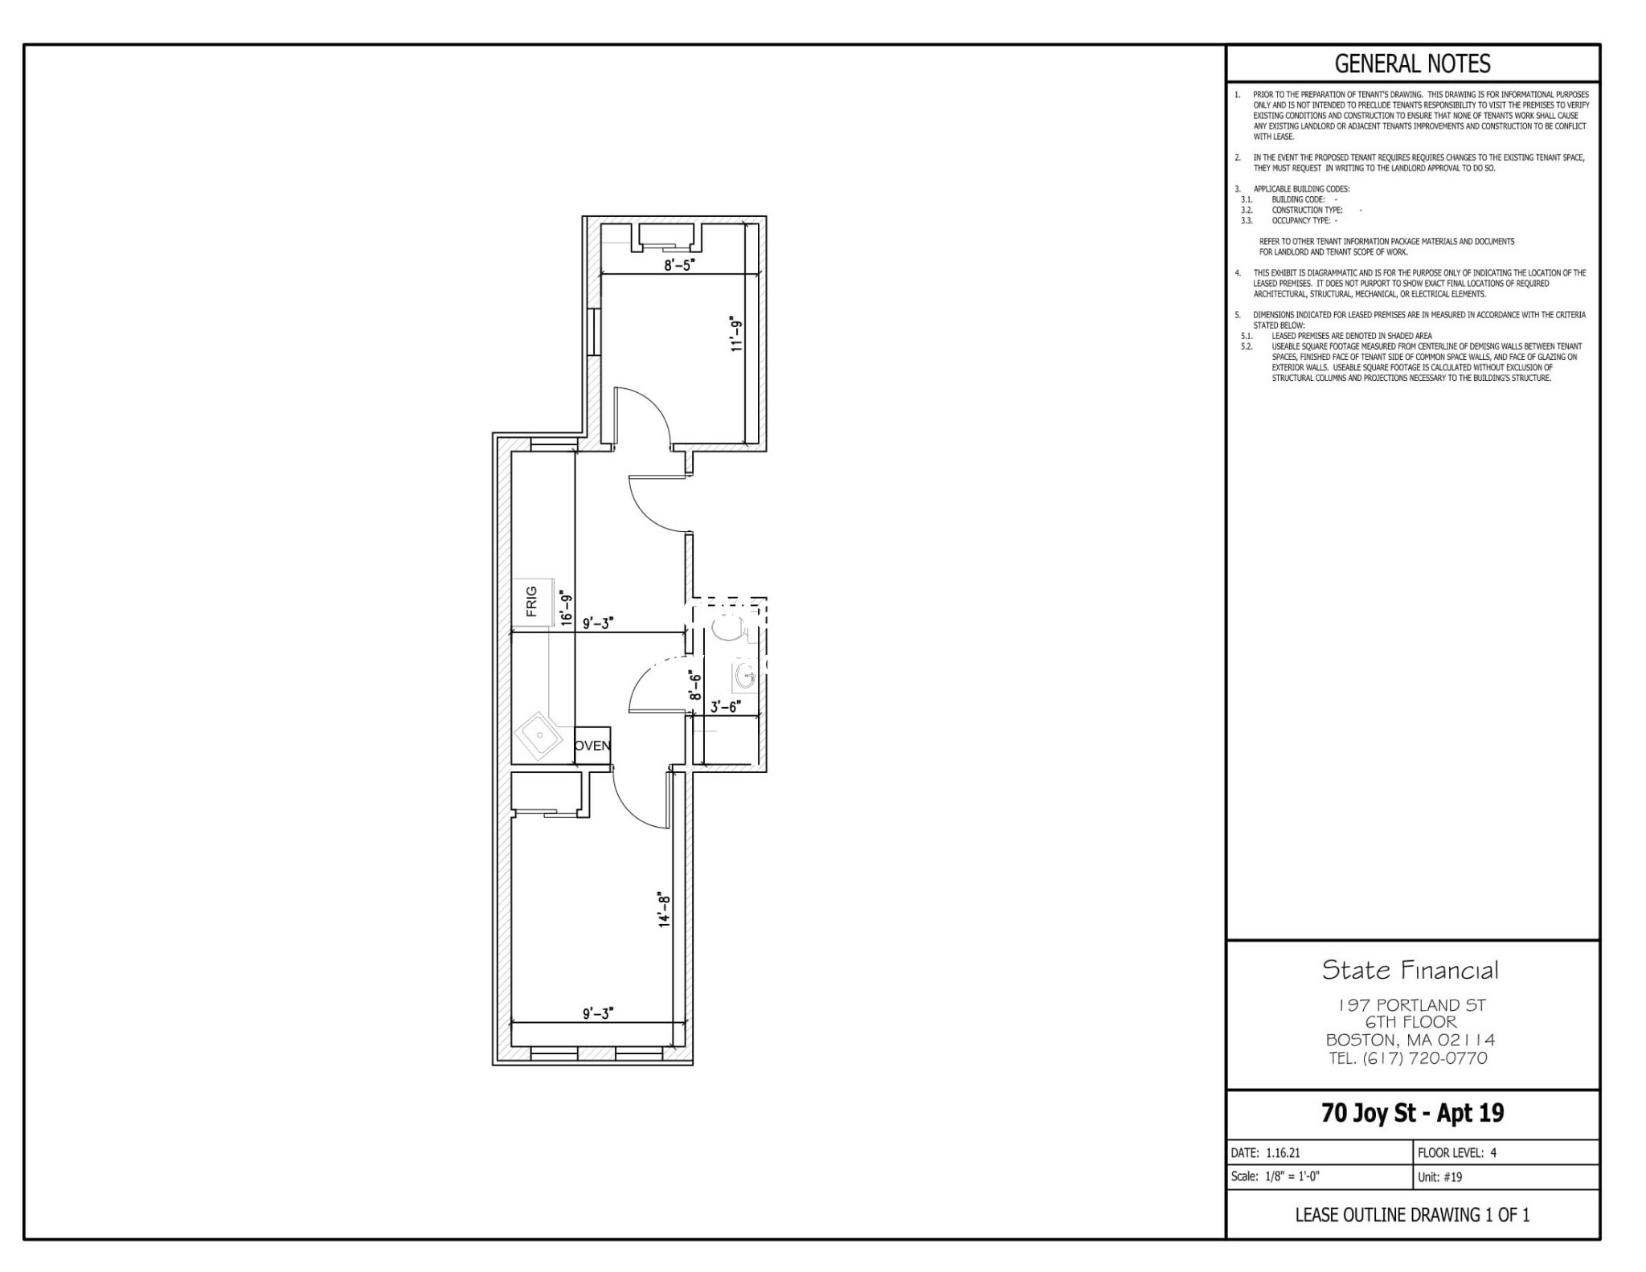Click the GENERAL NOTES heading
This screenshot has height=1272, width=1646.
[x=1412, y=63]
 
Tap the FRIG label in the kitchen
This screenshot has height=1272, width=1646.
[x=531, y=601]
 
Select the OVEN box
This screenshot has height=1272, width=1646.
[x=592, y=746]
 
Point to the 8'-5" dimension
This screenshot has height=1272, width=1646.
[x=678, y=265]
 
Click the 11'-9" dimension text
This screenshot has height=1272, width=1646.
[x=736, y=334]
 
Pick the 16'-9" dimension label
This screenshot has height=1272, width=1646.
[x=567, y=608]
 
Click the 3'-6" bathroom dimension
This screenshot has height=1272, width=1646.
[x=725, y=707]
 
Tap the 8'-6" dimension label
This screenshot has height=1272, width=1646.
[x=696, y=686]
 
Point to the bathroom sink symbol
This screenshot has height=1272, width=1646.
[x=744, y=677]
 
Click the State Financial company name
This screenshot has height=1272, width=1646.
[x=1411, y=970]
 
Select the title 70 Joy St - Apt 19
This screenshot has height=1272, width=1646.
[x=1412, y=1113]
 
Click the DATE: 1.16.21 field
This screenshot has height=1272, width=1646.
[x=1266, y=1152]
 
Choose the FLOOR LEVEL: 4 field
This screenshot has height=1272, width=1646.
[x=1457, y=1152]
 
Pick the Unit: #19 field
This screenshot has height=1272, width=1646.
[x=1440, y=1177]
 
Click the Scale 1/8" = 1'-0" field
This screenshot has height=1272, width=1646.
[x=1275, y=1177]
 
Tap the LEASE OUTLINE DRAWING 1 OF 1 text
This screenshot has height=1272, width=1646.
[x=1412, y=1215]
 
